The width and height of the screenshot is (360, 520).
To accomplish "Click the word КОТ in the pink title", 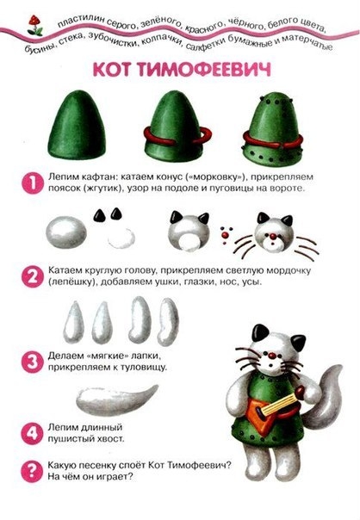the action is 113,70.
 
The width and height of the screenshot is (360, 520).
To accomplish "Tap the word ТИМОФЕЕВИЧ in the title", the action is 204,70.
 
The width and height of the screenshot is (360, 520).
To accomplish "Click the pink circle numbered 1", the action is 33,183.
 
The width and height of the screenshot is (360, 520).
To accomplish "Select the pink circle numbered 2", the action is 33,276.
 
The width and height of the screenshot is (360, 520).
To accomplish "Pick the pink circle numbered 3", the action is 33,362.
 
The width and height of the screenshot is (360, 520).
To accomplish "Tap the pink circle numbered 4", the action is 33,433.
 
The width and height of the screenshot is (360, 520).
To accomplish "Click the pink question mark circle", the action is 33,471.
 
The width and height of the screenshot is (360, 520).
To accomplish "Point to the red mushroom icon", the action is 34,25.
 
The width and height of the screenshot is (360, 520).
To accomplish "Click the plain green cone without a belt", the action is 77,124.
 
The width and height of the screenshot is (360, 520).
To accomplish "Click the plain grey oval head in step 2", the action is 66,232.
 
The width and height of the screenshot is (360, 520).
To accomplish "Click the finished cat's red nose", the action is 272,356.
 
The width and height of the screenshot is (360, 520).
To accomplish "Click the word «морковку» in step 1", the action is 215,177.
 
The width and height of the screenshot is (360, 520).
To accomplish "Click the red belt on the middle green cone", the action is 177,137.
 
